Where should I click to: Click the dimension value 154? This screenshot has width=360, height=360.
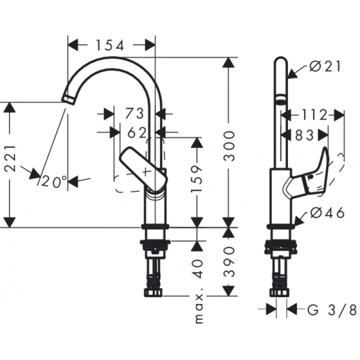tap(109, 45)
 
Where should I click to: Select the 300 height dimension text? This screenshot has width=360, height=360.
tap(229, 146)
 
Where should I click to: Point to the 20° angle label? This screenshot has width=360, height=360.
tap(54, 181)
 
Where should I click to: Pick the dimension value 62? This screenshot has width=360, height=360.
tap(138, 132)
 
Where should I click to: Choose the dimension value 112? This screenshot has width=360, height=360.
tap(314, 115)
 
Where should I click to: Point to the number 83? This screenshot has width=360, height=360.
tap(306, 135)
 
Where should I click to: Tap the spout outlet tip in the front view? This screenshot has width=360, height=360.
tap(68, 98)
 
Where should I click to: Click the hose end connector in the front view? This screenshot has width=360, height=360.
tap(154, 293)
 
